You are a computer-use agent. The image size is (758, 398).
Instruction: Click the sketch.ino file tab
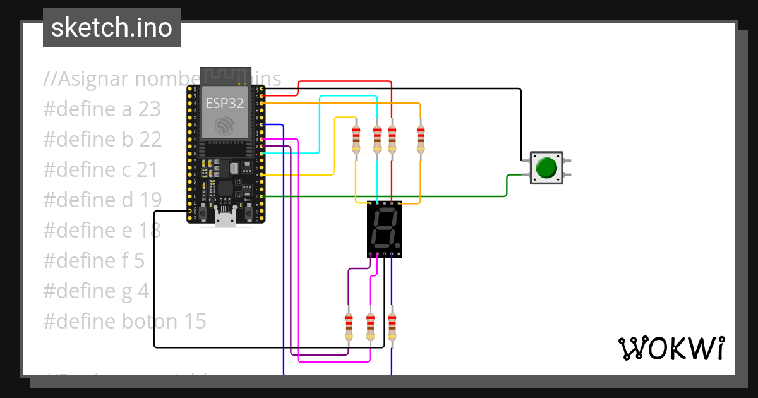111,28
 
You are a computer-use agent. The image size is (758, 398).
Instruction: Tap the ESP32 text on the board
224,104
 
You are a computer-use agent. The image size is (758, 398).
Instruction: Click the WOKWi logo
671,348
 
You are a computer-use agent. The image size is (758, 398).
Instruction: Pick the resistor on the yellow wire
356,139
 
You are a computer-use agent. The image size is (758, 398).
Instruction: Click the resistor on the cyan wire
377,139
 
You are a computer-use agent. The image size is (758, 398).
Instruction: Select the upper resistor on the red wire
392,139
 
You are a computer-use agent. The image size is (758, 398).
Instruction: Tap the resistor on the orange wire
421,139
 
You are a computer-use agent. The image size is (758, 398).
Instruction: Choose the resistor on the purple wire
348,327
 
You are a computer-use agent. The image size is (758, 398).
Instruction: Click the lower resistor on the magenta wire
370,327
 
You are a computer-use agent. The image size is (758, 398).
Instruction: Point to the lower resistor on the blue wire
392,327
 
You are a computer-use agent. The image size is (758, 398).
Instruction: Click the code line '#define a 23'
102,109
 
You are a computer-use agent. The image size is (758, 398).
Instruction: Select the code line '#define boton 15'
124,322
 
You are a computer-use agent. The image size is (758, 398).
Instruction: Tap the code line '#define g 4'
96,291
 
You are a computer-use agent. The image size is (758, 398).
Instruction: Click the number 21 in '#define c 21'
147,170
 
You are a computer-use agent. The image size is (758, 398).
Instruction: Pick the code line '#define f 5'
94,260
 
